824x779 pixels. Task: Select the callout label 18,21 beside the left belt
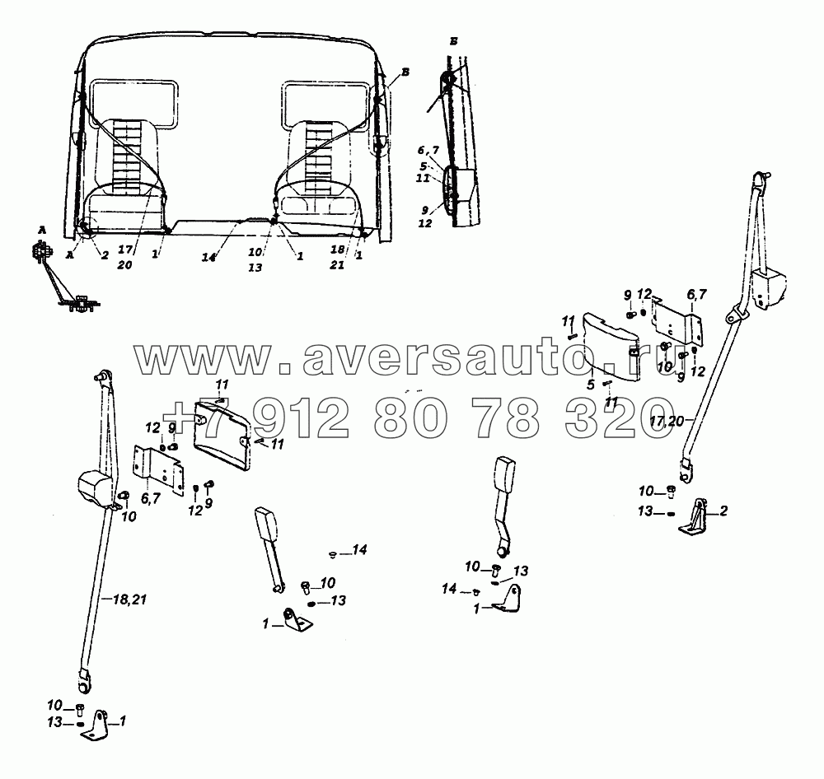pyautogui.click(x=129, y=599)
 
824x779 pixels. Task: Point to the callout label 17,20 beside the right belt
pyautogui.click(x=667, y=420)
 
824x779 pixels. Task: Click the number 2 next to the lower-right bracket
pyautogui.click(x=723, y=511)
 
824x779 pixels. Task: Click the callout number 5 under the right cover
pyautogui.click(x=591, y=385)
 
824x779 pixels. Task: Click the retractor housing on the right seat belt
pyautogui.click(x=769, y=287)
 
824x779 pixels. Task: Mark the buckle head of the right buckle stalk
pyautogui.click(x=504, y=475)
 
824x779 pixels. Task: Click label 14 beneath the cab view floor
pyautogui.click(x=208, y=258)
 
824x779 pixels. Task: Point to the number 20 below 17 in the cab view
pyautogui.click(x=124, y=265)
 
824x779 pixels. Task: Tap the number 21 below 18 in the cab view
pyautogui.click(x=337, y=265)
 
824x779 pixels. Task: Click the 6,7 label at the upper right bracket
pyautogui.click(x=697, y=294)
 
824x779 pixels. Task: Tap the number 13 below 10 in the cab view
pyautogui.click(x=255, y=268)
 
